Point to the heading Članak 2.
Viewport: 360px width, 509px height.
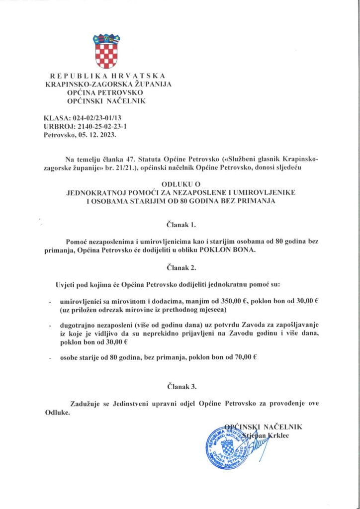[x=180, y=268]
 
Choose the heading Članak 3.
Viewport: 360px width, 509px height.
[x=180, y=386]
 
